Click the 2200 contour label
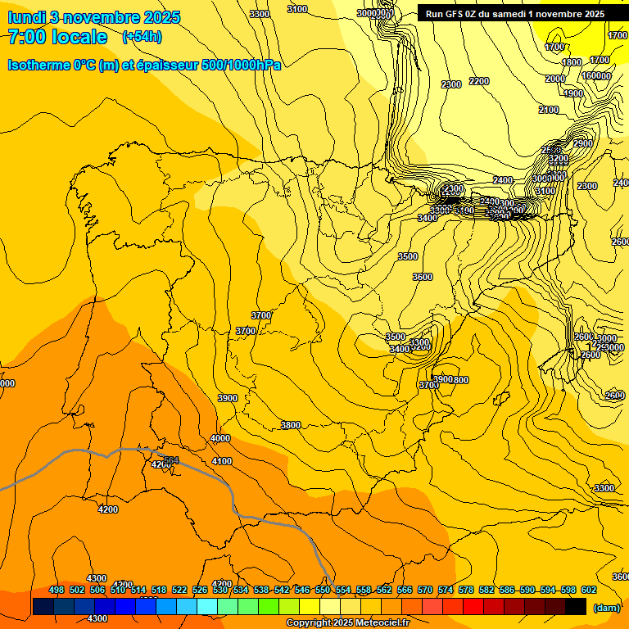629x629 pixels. pos(479,81)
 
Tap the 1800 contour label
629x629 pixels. pos(572,62)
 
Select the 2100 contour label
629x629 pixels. pos(549,110)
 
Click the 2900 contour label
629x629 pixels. pos(582,143)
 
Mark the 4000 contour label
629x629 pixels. pos(220,438)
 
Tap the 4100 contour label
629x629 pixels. pos(222,461)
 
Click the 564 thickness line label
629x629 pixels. pos(171,460)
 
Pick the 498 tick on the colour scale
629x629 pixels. pos(57,590)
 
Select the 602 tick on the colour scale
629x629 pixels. pos(589,590)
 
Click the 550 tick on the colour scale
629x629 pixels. pos(323,590)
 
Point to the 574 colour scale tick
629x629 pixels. pos(446,590)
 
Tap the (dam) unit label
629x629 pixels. pos(606,608)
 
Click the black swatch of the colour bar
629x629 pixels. pos(576,606)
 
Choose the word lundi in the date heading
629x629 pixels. pos(26,17)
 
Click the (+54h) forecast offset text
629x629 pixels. pos(141,36)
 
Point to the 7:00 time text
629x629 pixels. pos(26,37)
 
